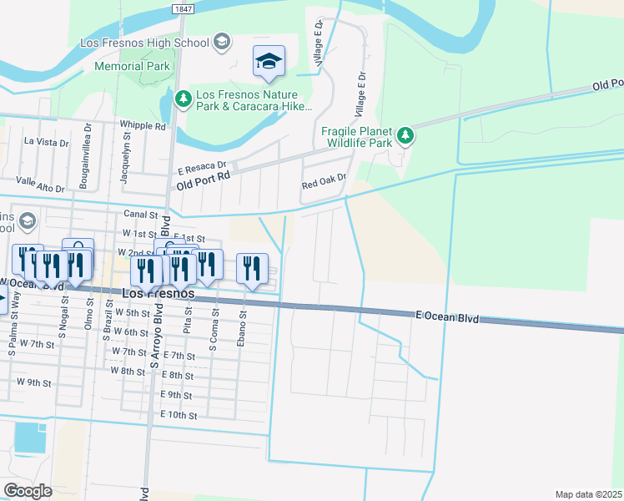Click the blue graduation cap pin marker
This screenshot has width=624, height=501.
(269, 62)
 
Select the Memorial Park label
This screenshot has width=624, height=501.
(132, 66)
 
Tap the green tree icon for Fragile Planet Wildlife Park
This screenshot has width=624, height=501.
(405, 134)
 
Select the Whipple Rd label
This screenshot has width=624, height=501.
(143, 126)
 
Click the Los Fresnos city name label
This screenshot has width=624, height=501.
(159, 294)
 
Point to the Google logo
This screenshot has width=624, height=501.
(28, 491)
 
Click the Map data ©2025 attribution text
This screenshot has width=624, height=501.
(589, 494)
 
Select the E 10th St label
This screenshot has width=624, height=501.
(179, 415)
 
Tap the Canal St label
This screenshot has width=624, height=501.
(140, 214)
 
